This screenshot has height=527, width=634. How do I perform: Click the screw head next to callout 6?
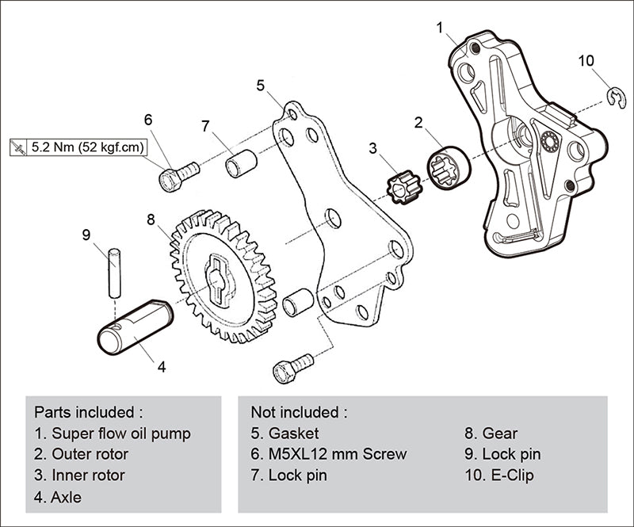click(x=169, y=181)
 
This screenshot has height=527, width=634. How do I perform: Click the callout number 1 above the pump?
click(x=441, y=28)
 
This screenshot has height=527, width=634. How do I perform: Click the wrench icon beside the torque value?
click(x=18, y=147)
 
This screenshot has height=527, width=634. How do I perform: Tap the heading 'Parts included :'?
click(x=88, y=412)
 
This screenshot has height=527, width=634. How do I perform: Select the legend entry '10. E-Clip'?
click(x=500, y=475)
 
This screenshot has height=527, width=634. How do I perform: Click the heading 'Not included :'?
click(x=298, y=412)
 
